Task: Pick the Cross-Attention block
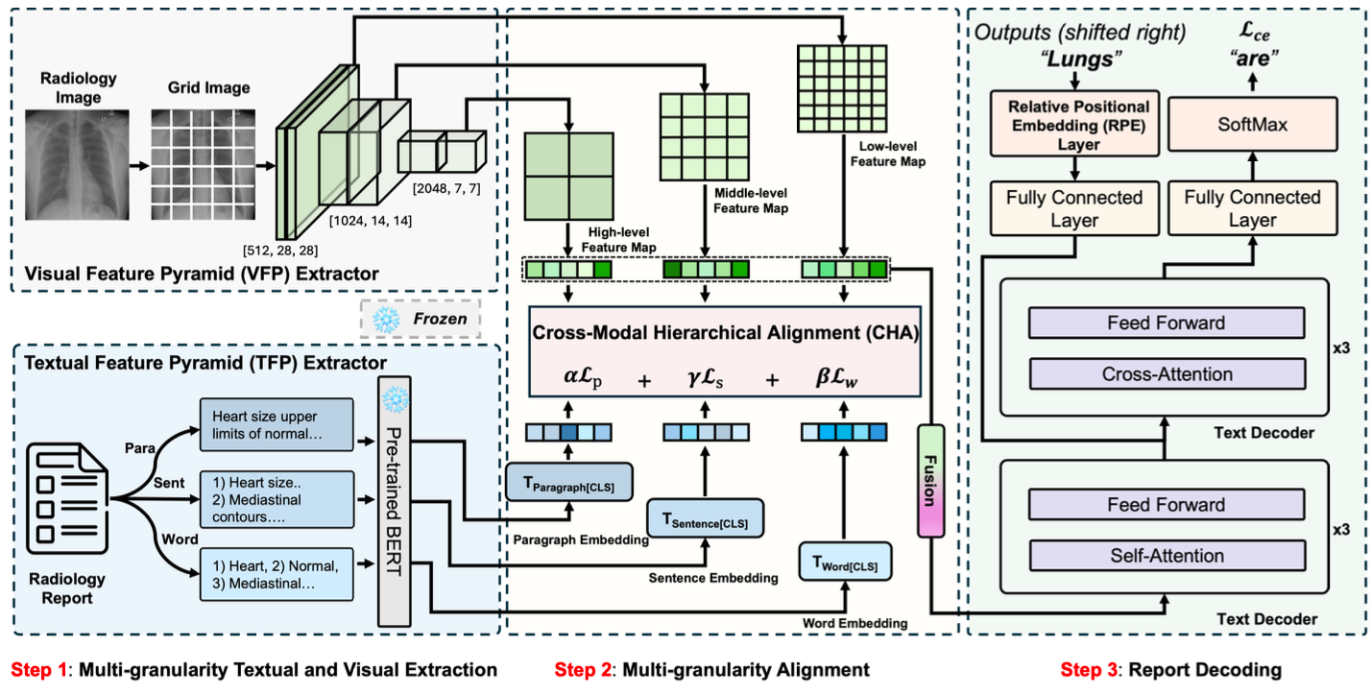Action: pyautogui.click(x=1166, y=373)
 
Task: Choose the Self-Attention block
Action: pyautogui.click(x=1166, y=555)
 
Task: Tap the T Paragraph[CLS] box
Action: pyautogui.click(x=567, y=481)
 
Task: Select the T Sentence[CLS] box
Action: pyautogui.click(x=706, y=520)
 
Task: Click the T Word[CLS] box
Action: pyautogui.click(x=844, y=561)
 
